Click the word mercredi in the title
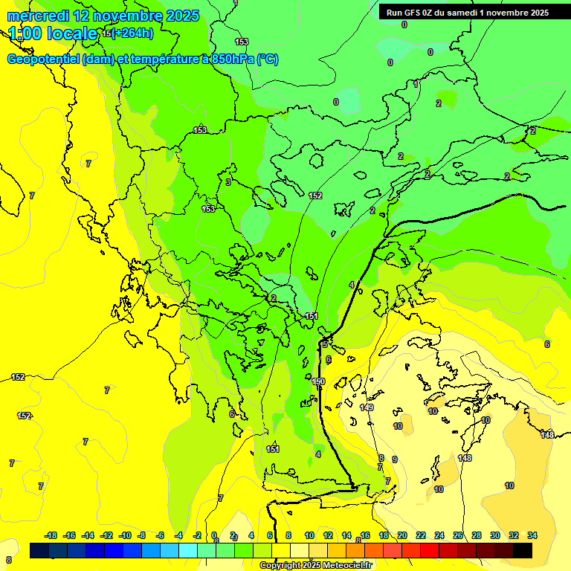tap(37, 16)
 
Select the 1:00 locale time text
tap(52, 33)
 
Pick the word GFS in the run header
tap(413, 13)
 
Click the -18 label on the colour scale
tap(51, 536)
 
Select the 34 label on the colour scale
tap(532, 536)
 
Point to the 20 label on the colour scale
tap(402, 536)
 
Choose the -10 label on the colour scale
tap(125, 536)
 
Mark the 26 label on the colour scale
tap(458, 536)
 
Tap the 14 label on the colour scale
tap(346, 536)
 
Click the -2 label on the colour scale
tap(197, 536)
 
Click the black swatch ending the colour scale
tap(523, 551)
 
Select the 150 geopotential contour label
tap(318, 381)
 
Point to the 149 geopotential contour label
tap(367, 407)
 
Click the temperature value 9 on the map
tap(394, 459)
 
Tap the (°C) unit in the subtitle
tap(268, 59)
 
